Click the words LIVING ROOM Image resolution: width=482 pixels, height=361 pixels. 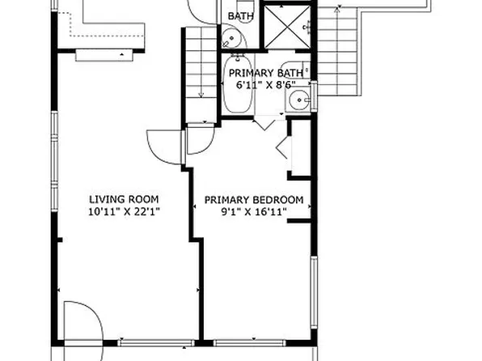click(123, 199)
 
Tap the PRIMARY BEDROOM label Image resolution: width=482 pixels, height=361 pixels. click(253, 200)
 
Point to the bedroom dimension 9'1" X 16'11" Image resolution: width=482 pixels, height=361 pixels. click(253, 212)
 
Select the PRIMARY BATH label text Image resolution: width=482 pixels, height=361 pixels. click(270, 72)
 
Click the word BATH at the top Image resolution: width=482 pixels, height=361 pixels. click(239, 16)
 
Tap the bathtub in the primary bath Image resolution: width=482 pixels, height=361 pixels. click(237, 87)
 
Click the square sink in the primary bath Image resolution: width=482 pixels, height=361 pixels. click(299, 101)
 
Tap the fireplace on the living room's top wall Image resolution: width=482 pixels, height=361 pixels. click(104, 53)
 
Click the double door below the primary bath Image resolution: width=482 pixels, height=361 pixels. click(264, 122)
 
